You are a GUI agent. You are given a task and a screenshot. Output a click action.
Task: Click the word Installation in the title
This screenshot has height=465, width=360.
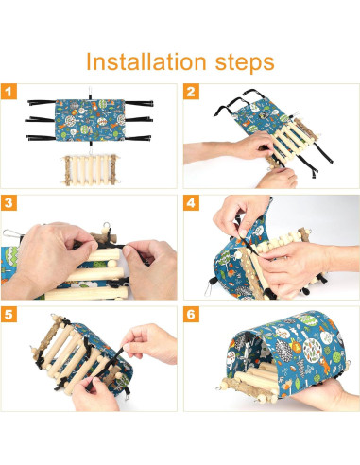pyautogui.click(x=146, y=61)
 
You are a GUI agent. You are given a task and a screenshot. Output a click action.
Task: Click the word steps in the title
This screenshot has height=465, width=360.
pyautogui.click(x=245, y=63)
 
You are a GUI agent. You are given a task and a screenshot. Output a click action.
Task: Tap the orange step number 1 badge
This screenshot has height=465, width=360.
pyautogui.click(x=9, y=92)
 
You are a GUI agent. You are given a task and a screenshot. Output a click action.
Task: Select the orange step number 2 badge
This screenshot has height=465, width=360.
pyautogui.click(x=191, y=92)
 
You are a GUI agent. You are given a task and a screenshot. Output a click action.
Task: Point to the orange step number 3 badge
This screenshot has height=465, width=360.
pyautogui.click(x=9, y=202)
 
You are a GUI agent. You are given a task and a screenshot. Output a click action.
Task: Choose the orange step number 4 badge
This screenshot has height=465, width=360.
pyautogui.click(x=191, y=202)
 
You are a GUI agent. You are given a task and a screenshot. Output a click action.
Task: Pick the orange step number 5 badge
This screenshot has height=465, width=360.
pyautogui.click(x=9, y=314)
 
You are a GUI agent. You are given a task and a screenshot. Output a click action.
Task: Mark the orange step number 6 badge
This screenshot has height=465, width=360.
pyautogui.click(x=191, y=314)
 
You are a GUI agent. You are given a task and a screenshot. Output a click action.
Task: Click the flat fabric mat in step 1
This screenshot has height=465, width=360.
pyautogui.click(x=90, y=120)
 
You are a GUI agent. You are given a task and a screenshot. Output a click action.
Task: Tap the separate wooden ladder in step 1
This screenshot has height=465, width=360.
pyautogui.click(x=91, y=170)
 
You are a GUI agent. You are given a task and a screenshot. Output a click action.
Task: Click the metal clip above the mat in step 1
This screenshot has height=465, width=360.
pyautogui.click(x=90, y=93)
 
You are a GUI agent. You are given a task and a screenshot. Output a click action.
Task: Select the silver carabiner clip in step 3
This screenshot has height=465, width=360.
pyautogui.click(x=12, y=234)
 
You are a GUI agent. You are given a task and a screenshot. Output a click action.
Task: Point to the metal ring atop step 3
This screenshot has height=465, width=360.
pyautogui.click(x=107, y=226)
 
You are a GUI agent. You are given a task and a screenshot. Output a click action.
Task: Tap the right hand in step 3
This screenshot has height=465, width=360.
pyautogui.click(x=150, y=268)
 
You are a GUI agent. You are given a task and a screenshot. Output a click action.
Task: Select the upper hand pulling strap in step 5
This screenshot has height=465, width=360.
pyautogui.click(x=150, y=342)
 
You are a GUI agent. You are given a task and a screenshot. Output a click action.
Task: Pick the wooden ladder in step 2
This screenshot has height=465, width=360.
pyautogui.click(x=291, y=141)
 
